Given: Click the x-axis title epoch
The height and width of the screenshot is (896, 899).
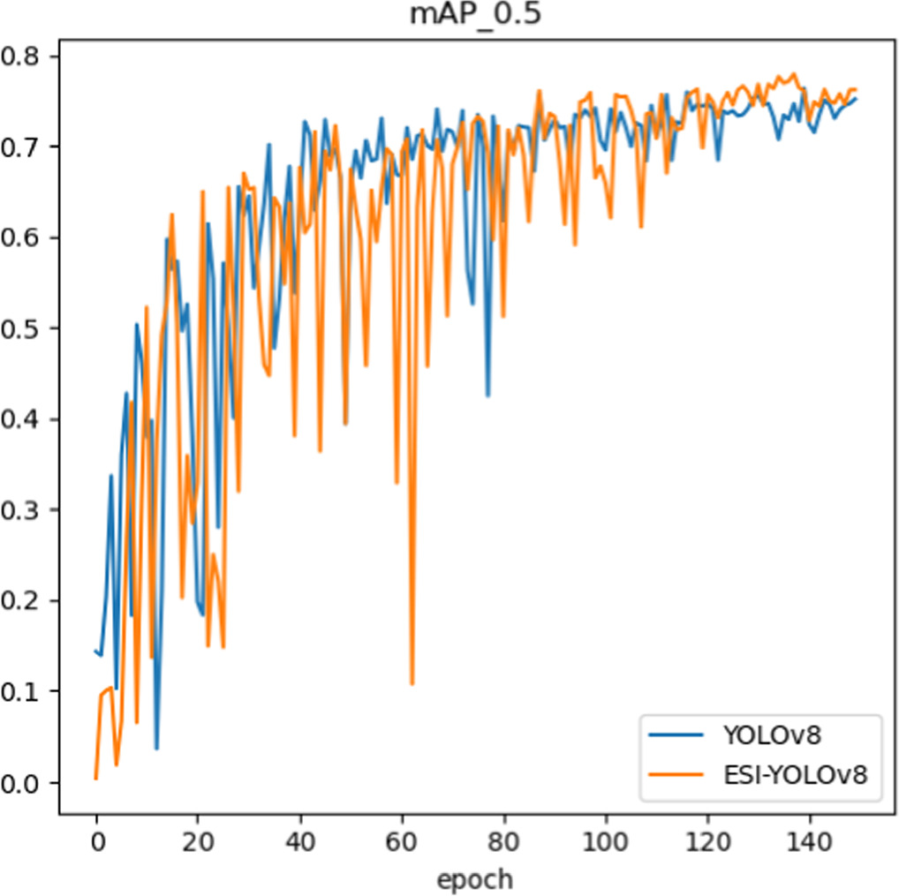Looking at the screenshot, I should pos(473,878).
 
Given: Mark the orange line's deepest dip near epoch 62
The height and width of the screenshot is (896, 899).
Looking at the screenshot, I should pos(412,683).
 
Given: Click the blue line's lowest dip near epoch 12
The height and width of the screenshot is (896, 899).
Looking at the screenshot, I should pos(156,749).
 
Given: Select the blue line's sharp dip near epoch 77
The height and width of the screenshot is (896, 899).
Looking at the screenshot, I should pos(487,395).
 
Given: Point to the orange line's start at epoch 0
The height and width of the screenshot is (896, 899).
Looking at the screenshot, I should pos(96,778).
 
